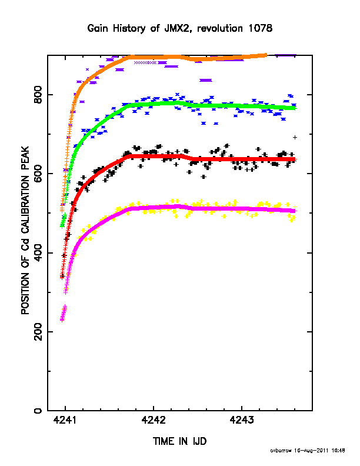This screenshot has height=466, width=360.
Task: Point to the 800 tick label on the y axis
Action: [38, 95]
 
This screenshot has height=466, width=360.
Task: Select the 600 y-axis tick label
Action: [38, 174]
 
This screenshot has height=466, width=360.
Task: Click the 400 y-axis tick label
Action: [38, 252]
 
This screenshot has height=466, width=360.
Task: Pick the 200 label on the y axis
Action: [38, 332]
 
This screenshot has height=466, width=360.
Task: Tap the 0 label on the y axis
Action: [38, 411]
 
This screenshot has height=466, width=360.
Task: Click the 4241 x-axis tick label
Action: [65, 420]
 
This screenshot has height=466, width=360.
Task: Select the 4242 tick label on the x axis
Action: [154, 420]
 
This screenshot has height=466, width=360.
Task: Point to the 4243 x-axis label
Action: [242, 420]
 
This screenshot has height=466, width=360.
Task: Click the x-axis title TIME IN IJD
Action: [179, 441]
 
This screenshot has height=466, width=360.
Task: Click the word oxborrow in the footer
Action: [281, 451]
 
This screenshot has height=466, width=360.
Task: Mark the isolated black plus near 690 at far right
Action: [295, 137]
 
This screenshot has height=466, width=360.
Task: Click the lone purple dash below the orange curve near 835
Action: [206, 80]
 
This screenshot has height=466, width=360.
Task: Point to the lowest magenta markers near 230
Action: [62, 319]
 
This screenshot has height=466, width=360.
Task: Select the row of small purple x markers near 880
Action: [145, 63]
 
